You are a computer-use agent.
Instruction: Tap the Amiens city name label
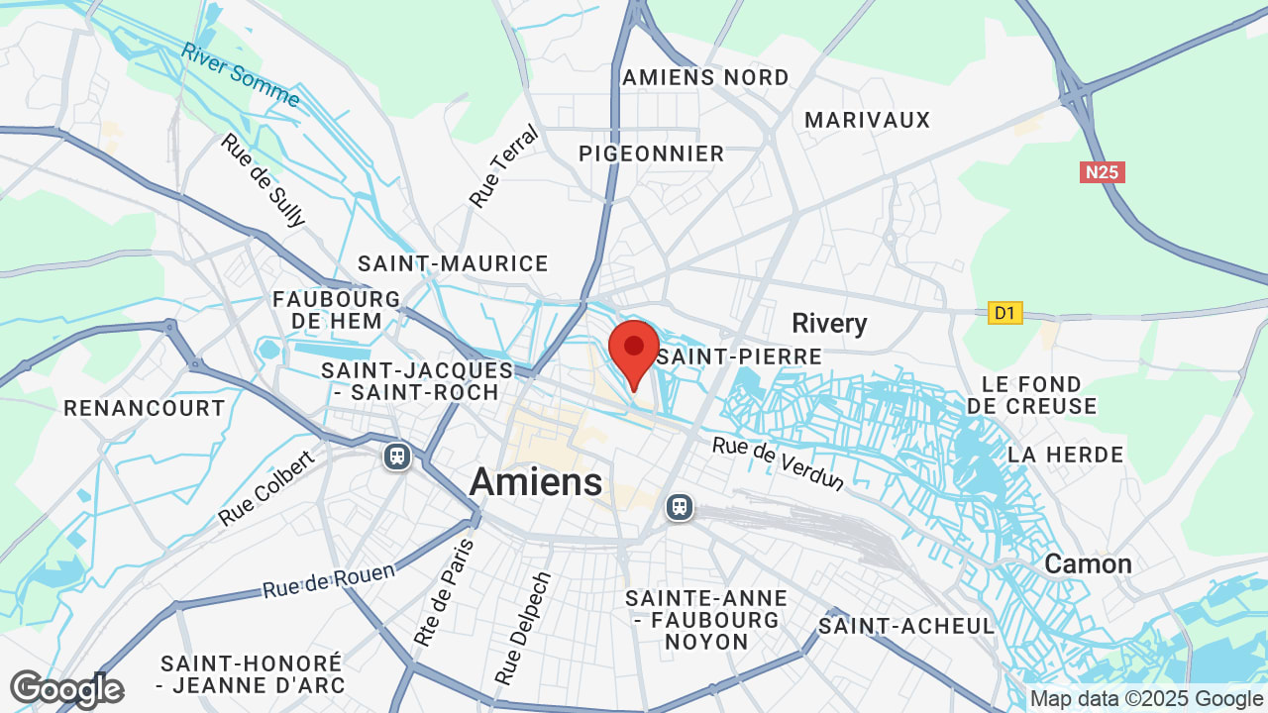(x=535, y=482)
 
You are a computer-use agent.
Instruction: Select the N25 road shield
(x=1102, y=172)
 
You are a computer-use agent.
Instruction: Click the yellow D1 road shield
(x=1005, y=313)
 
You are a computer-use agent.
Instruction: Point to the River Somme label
(x=241, y=74)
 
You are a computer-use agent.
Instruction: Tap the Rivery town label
(x=829, y=323)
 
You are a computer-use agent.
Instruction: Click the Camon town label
(x=1088, y=563)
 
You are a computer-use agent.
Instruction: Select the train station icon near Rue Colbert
(x=397, y=456)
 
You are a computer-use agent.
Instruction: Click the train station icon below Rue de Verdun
(x=680, y=507)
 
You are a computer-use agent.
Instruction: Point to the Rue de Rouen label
(x=328, y=580)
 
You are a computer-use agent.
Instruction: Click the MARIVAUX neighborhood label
(x=867, y=120)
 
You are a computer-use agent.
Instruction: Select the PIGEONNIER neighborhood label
(x=652, y=153)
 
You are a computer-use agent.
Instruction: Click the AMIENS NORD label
(x=705, y=77)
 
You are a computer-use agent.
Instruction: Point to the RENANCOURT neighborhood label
(x=145, y=408)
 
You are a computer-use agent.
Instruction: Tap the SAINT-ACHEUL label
(x=906, y=626)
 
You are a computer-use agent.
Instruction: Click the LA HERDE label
(x=1065, y=455)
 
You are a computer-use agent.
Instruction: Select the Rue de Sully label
(x=264, y=180)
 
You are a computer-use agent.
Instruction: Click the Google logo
(x=66, y=689)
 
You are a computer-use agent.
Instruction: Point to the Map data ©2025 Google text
(x=1145, y=698)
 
